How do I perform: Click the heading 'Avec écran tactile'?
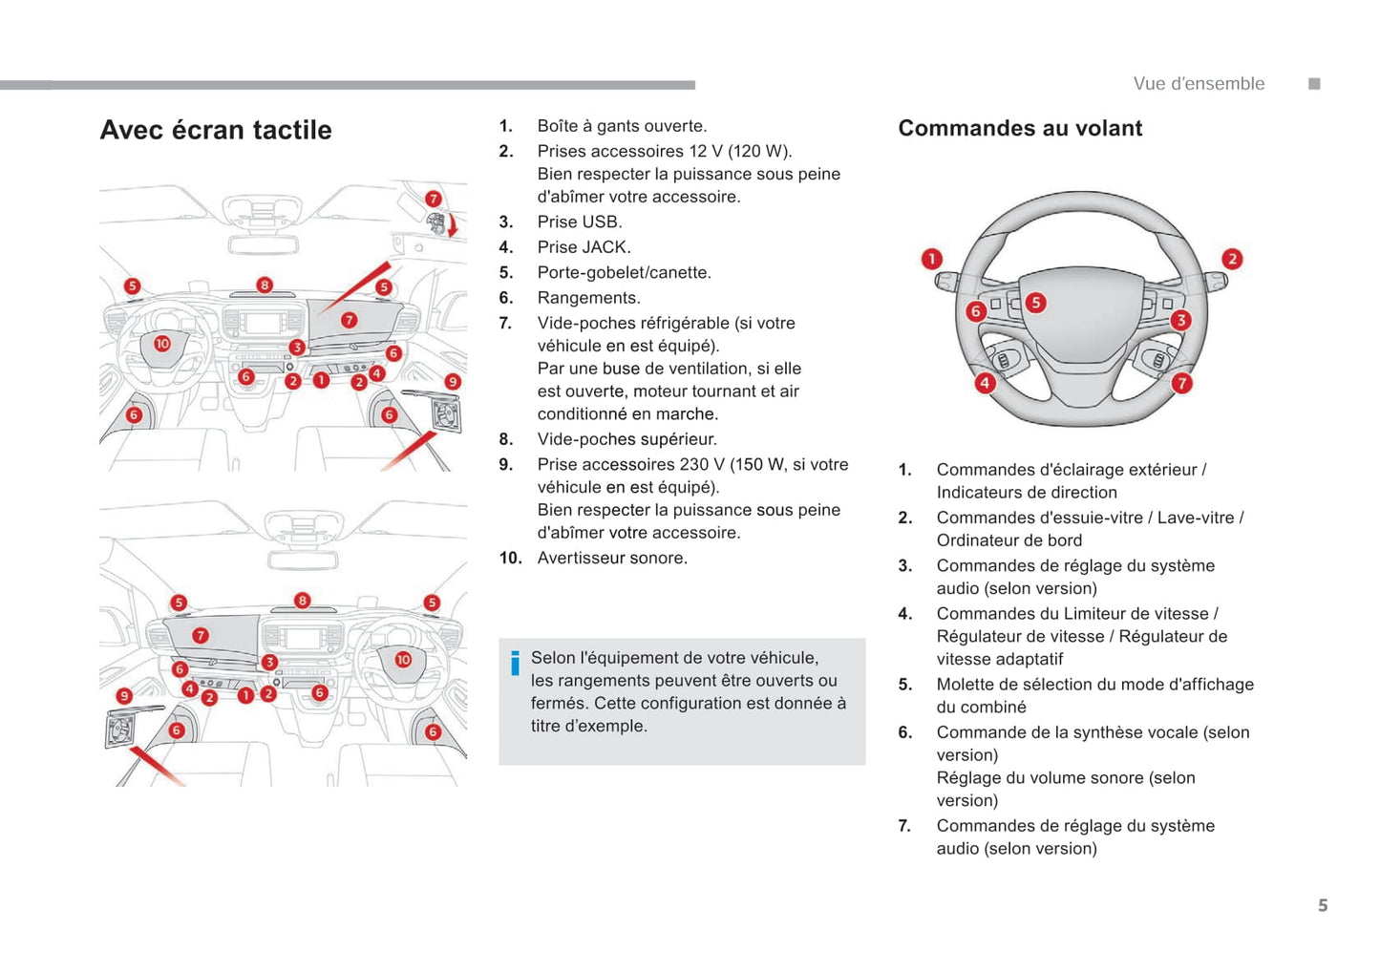pyautogui.click(x=216, y=130)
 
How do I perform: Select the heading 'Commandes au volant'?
pyautogui.click(x=1020, y=128)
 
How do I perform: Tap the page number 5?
pyautogui.click(x=1323, y=905)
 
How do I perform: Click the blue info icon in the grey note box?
pyautogui.click(x=515, y=662)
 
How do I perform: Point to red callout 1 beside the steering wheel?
pyautogui.click(x=931, y=259)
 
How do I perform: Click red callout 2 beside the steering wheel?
pyautogui.click(x=1232, y=259)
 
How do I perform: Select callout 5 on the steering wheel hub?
pyautogui.click(x=1035, y=303)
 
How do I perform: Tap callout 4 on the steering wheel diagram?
pyautogui.click(x=985, y=383)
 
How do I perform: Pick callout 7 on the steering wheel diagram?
pyautogui.click(x=1181, y=383)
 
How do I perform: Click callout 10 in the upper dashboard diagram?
pyautogui.click(x=162, y=344)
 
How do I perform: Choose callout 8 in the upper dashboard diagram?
pyautogui.click(x=265, y=285)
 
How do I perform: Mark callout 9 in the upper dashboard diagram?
pyautogui.click(x=453, y=381)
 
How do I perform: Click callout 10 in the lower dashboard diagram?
pyautogui.click(x=403, y=660)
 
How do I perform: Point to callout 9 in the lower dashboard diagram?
pyautogui.click(x=124, y=696)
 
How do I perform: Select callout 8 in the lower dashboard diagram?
pyautogui.click(x=302, y=601)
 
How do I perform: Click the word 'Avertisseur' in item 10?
pyautogui.click(x=583, y=558)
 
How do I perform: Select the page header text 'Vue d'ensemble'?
pyautogui.click(x=1199, y=84)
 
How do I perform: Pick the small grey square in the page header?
pyautogui.click(x=1314, y=84)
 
